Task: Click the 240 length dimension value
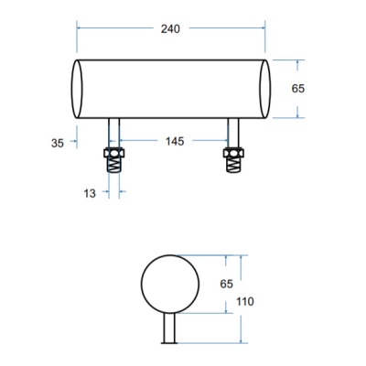click(170, 29)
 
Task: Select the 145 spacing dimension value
click(175, 141)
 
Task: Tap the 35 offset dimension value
click(58, 143)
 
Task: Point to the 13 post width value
click(90, 193)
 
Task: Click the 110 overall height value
click(245, 302)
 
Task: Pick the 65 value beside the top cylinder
click(298, 89)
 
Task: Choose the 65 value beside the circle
click(226, 284)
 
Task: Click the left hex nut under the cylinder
click(114, 153)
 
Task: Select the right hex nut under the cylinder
click(233, 153)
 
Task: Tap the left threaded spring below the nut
click(114, 165)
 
